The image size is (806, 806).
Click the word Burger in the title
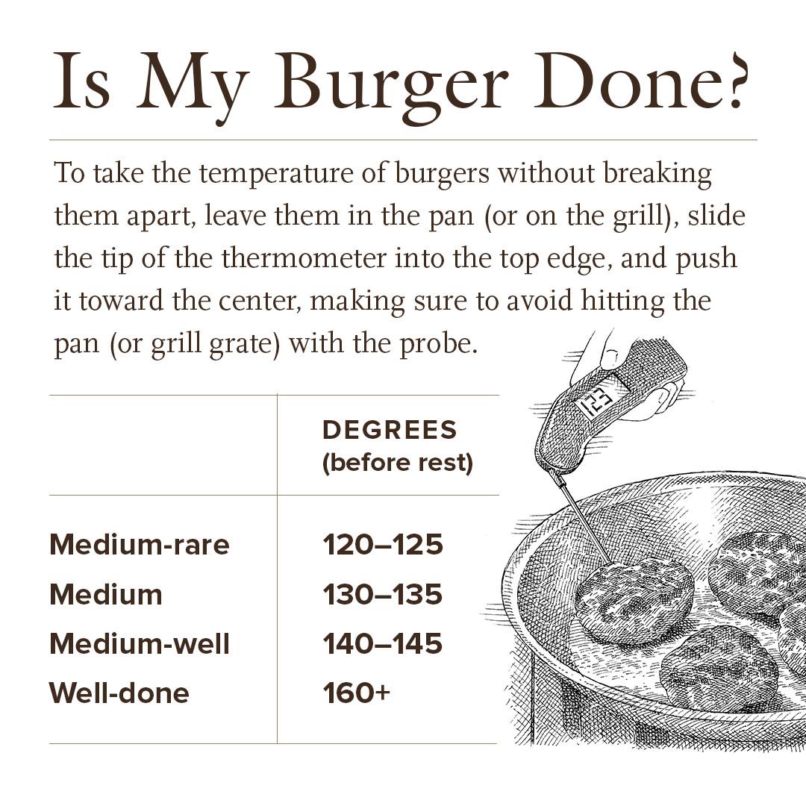point(390,85)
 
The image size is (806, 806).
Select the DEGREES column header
point(390,430)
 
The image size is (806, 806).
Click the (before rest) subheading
point(397,463)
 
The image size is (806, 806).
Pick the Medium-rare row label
point(140,544)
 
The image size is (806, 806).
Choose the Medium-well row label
point(140,643)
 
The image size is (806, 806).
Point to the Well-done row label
point(119,693)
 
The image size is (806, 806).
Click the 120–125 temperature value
point(383,544)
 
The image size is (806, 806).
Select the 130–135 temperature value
point(383,594)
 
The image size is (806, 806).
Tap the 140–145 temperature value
point(383,643)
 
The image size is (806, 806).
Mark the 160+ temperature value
point(356,693)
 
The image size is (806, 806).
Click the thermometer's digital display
point(596,401)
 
